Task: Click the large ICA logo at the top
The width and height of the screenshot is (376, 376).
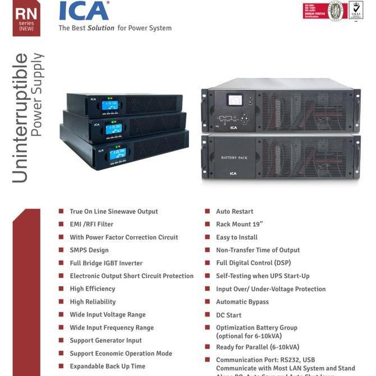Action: point(84,11)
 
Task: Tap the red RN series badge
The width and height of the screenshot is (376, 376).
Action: point(26,19)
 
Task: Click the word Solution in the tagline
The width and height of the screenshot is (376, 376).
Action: point(100,28)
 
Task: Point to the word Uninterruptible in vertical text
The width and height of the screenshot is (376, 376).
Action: point(20,118)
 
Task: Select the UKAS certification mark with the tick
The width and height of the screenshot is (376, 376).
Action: point(356,10)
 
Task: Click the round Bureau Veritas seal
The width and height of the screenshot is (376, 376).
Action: point(336,11)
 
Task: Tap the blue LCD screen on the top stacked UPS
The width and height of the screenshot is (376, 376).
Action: point(110,105)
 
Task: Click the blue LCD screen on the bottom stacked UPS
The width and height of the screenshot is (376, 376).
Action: point(117,154)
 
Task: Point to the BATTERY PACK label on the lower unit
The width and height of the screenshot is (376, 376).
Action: point(234,158)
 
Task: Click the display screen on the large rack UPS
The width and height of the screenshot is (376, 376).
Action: point(235,100)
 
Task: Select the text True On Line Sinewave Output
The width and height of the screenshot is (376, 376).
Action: point(113,212)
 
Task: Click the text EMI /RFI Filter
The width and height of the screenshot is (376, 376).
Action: point(91,224)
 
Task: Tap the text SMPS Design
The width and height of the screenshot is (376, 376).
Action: point(89,250)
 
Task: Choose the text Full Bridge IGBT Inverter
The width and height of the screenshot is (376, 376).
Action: point(106,263)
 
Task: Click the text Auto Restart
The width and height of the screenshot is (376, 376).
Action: point(235,212)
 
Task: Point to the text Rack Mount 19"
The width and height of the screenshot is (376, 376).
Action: point(239,224)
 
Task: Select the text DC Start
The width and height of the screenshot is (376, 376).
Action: point(228,315)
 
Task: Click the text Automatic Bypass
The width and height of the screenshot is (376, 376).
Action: point(242,302)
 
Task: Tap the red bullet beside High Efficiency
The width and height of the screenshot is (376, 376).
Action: point(61,288)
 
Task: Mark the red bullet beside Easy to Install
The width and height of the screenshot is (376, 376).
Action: point(208,237)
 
